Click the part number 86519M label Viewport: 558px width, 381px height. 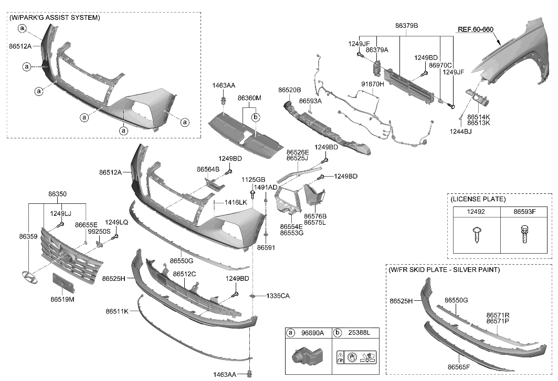[x=62, y=300]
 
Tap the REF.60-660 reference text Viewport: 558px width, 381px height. [x=475, y=29]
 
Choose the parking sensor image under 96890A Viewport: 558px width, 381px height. [x=303, y=359]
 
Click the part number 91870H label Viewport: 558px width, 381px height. [x=373, y=84]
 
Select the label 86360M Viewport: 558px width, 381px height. [x=249, y=98]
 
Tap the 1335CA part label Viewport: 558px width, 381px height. [x=278, y=296]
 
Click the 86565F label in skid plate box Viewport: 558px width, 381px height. [x=459, y=367]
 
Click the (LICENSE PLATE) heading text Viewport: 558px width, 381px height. [x=478, y=199]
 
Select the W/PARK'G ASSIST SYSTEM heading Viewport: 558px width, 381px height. [x=55, y=18]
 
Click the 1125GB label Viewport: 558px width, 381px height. [x=252, y=180]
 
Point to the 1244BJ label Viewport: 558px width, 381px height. [x=460, y=132]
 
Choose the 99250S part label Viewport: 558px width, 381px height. [x=99, y=231]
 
